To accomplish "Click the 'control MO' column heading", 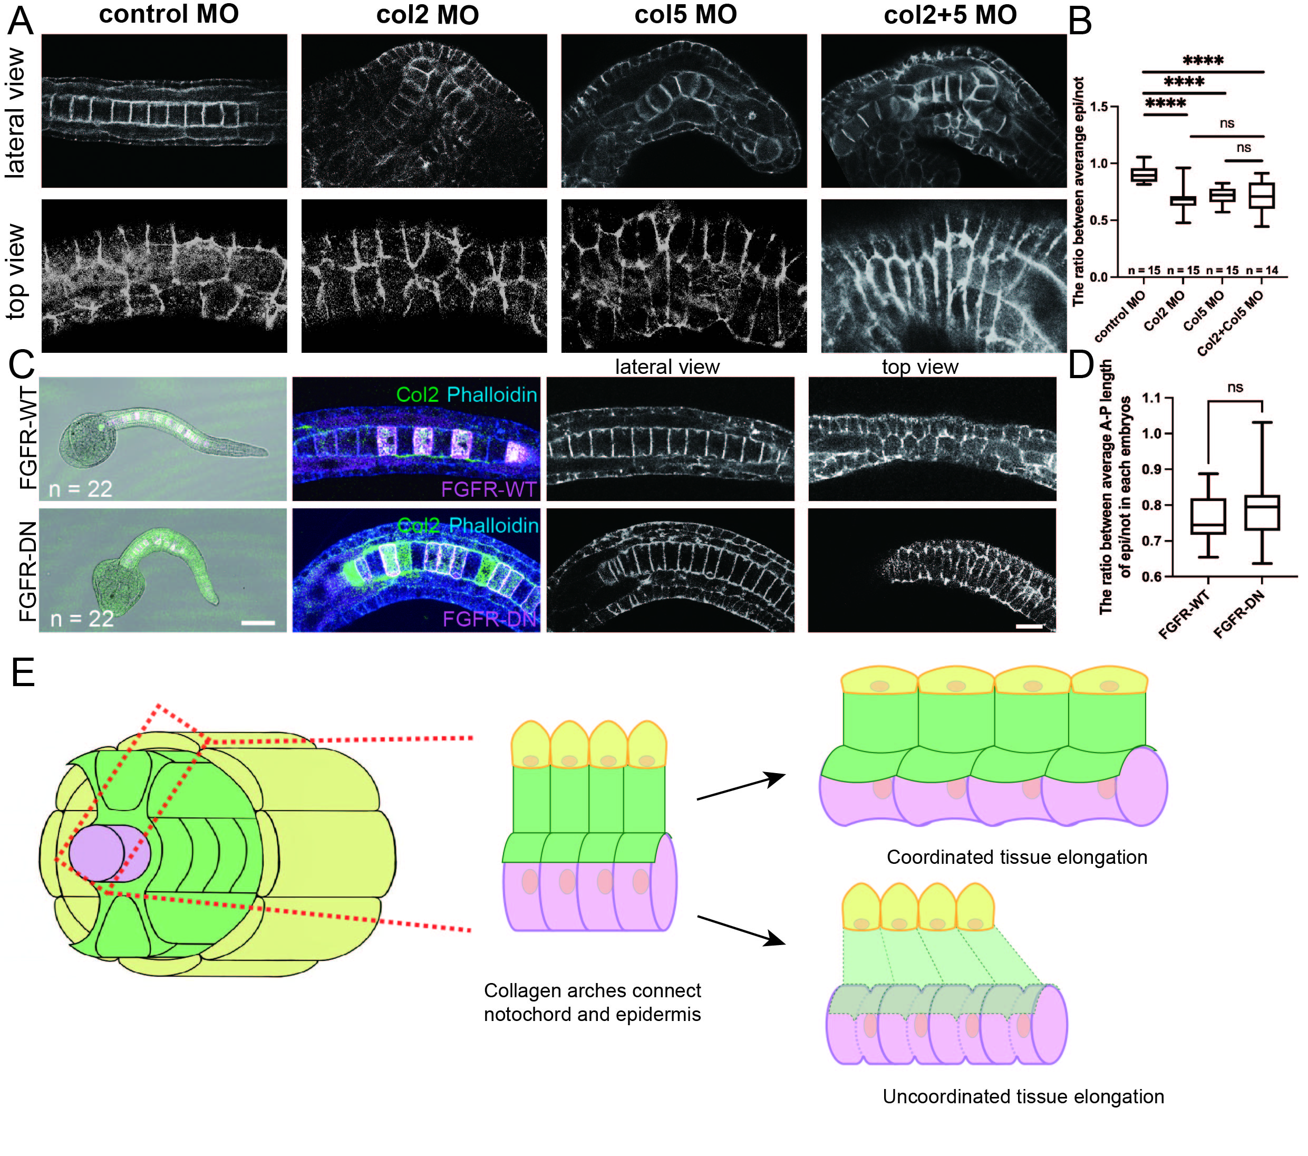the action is tap(169, 14).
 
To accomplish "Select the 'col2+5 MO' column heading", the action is tap(950, 15).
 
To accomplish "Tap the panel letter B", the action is tap(1080, 21).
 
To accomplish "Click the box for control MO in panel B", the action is tap(1144, 175).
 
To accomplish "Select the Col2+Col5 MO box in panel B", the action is tap(1261, 195).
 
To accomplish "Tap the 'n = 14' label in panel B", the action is tap(1262, 270).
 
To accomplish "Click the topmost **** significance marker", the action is tap(1203, 61).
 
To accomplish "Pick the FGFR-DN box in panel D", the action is tap(1262, 512).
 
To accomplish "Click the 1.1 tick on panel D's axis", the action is tap(1151, 398).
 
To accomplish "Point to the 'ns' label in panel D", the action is tap(1235, 387).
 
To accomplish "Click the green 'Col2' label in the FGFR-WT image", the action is tap(417, 394).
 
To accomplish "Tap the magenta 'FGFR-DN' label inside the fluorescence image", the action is tap(490, 619).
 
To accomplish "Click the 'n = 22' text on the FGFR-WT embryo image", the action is tap(81, 489).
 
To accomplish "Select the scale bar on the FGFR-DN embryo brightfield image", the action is tap(258, 622).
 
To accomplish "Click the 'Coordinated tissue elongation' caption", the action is tap(1017, 857).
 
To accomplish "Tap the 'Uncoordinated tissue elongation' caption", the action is tap(1023, 1096).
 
